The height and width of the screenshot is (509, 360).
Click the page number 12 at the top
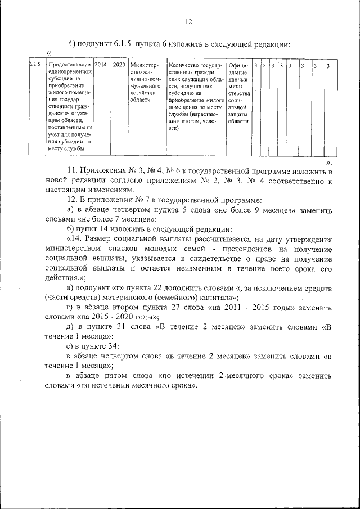point(188,22)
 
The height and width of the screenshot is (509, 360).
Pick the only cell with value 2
point(264,66)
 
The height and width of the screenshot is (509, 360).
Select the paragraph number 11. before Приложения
point(72,170)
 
